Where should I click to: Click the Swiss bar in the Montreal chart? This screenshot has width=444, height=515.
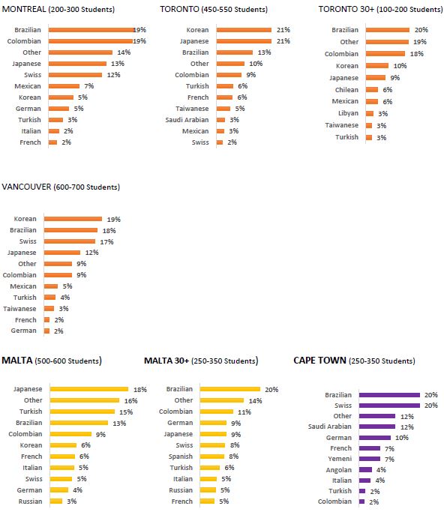[x=75, y=75]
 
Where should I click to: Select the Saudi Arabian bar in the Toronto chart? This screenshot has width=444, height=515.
[x=220, y=120]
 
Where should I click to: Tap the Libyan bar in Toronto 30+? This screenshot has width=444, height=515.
[x=370, y=114]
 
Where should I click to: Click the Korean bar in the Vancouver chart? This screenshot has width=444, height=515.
[x=73, y=219]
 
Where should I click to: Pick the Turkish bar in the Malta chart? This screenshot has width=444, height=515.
[x=82, y=412]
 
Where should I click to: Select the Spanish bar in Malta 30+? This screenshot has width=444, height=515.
[x=212, y=457]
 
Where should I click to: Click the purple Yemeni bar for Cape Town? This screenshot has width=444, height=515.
[x=370, y=459]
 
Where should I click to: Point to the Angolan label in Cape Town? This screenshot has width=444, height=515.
[x=338, y=470]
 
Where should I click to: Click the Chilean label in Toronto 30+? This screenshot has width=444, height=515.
[x=346, y=90]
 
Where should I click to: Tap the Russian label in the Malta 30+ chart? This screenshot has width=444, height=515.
[x=181, y=490]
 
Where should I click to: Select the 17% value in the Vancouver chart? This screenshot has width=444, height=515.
[x=106, y=242]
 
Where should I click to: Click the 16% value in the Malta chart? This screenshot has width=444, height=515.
[x=130, y=401]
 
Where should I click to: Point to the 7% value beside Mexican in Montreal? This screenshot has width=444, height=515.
[x=89, y=86]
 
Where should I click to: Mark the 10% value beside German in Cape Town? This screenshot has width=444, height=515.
[x=402, y=438]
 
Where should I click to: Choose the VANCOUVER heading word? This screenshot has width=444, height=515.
[x=26, y=187]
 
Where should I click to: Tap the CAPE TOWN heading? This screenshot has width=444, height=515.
[x=319, y=361]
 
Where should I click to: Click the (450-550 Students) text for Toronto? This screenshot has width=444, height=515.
[x=234, y=10]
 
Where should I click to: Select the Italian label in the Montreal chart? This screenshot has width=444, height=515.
[x=31, y=131]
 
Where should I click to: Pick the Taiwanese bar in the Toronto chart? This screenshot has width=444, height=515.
[x=223, y=109]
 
